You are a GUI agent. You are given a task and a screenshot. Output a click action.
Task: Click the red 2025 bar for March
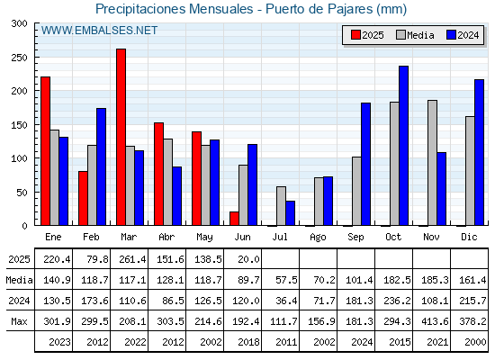(121, 137)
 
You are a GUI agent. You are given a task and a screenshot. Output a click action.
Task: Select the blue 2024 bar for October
(404, 146)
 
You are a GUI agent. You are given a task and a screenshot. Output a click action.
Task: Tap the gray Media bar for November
(432, 163)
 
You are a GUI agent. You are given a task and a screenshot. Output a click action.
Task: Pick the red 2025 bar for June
(234, 219)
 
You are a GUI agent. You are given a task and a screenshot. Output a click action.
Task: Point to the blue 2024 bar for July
(290, 213)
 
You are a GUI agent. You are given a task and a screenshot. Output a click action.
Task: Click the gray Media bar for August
(319, 202)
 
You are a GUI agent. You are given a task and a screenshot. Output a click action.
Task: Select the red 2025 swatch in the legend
(355, 35)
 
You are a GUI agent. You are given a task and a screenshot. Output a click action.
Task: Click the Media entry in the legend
(415, 35)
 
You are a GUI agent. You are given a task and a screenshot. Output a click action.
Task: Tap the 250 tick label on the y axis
(19, 58)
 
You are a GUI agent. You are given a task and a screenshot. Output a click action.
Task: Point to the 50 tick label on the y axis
(22, 193)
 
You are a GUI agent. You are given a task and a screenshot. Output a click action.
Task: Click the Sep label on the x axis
(355, 238)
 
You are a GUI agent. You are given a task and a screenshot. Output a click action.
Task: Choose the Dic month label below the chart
(469, 237)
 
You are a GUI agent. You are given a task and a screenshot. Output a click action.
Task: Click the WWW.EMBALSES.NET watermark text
(99, 31)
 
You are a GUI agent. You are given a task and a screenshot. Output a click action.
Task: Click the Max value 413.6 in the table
(435, 321)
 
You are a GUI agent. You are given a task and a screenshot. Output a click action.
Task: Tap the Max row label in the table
(19, 321)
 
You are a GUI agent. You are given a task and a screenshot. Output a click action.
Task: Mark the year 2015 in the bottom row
(400, 342)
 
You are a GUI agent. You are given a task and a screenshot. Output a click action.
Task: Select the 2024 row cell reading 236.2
(397, 301)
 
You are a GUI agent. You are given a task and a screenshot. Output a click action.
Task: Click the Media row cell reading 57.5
(286, 280)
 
